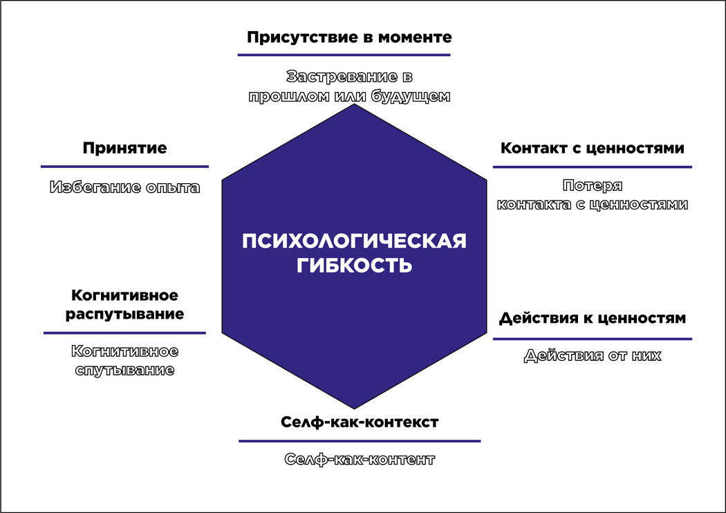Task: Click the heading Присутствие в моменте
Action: [x=349, y=37]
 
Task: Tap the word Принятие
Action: [x=124, y=148]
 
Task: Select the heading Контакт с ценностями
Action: [x=592, y=148]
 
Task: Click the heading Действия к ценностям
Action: [x=592, y=318]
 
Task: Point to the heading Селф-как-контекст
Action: [x=360, y=422]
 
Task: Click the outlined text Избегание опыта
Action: [x=124, y=187]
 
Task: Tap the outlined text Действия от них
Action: [x=593, y=356]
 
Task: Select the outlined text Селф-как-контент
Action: [x=360, y=459]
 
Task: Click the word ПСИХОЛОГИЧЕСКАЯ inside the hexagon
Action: [x=354, y=241]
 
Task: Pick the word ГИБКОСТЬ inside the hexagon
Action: [x=354, y=265]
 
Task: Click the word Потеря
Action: [x=593, y=185]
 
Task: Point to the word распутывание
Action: [x=124, y=315]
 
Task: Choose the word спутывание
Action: [x=124, y=370]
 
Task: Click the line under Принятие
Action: [x=124, y=167]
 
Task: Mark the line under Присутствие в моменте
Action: [x=344, y=55]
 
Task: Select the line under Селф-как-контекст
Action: [x=360, y=441]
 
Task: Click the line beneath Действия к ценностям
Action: [x=592, y=339]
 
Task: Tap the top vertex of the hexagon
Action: [x=355, y=105]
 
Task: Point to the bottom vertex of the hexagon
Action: [x=355, y=408]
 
